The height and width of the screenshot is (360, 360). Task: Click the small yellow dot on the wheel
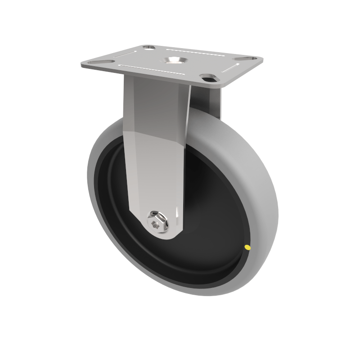tap(247, 247)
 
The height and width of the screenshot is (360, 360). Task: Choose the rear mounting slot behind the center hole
tap(149, 47)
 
